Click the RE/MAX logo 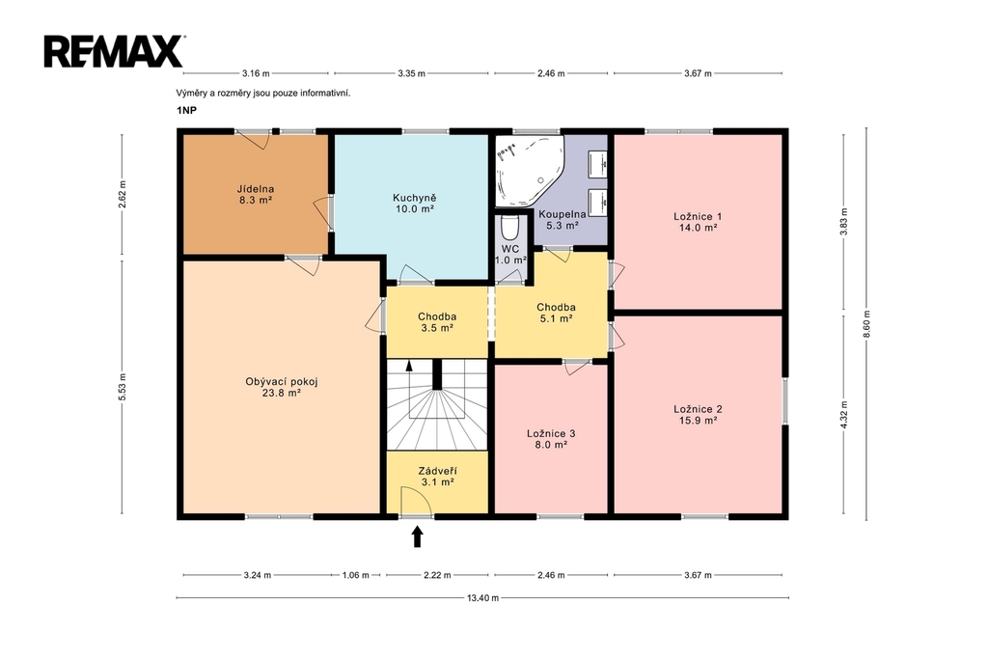point(114,51)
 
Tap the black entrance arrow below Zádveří point(417,537)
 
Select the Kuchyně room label point(415,204)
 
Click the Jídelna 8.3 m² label point(255,195)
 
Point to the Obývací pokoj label point(281,387)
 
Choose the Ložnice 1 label point(698,223)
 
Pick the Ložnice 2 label point(698,415)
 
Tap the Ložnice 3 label point(551,439)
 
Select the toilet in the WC point(509,228)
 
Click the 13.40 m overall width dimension point(482,598)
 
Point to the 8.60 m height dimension point(866,324)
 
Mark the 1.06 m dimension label point(355,575)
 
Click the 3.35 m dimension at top point(411,73)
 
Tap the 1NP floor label point(186,110)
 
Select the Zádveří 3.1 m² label point(437,478)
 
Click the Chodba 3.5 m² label point(437,322)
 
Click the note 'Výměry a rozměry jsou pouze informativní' point(263,94)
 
